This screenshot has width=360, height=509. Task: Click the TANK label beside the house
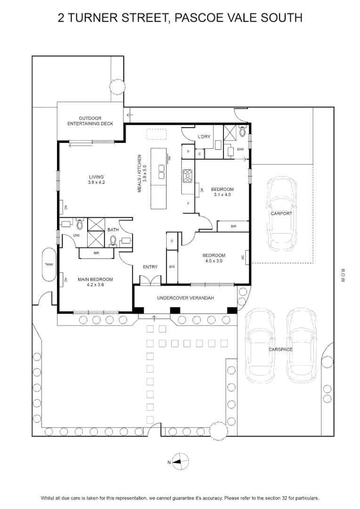click(49, 264)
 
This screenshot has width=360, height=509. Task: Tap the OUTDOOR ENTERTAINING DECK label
click(90, 121)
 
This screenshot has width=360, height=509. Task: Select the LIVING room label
click(97, 177)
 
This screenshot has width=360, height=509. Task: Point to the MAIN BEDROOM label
click(96, 279)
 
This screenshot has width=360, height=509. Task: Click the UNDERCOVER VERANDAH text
click(185, 298)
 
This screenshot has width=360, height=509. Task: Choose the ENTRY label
click(150, 267)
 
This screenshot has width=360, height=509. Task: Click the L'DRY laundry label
click(204, 137)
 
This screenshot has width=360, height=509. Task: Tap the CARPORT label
click(281, 213)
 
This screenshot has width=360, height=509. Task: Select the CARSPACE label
click(280, 350)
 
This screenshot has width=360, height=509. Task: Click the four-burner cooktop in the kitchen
click(188, 176)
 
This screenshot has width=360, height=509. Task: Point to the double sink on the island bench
click(161, 172)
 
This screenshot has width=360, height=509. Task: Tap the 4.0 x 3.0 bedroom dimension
click(214, 261)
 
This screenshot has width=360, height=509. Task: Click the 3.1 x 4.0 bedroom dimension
click(222, 195)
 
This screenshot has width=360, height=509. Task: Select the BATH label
click(113, 230)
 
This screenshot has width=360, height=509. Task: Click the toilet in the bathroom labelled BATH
click(113, 240)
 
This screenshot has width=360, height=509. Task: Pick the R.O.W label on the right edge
click(343, 275)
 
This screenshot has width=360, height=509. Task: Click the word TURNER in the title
click(92, 17)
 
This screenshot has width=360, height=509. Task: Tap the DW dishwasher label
click(169, 158)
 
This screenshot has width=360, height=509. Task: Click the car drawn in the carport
click(281, 214)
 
